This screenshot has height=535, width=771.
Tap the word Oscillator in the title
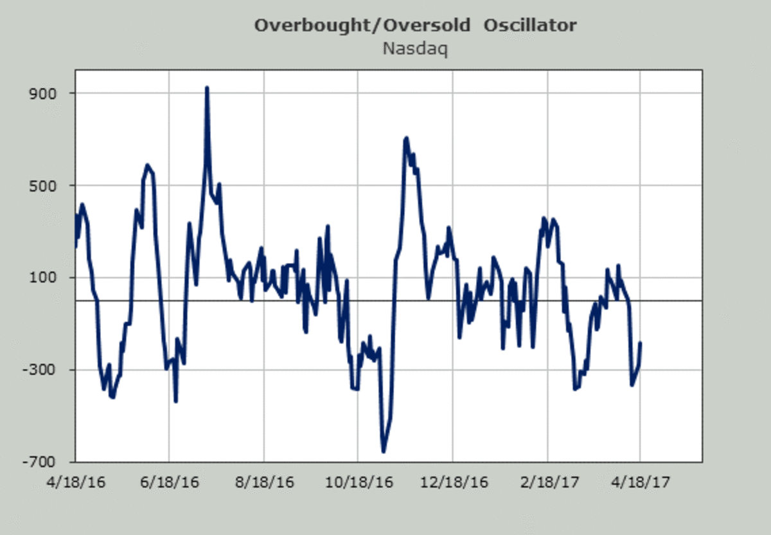point(530,26)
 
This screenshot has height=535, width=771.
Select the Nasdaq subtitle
point(414,48)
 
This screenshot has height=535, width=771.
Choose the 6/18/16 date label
point(169,481)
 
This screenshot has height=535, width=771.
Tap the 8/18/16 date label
point(264,481)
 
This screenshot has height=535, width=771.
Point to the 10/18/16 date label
point(357,481)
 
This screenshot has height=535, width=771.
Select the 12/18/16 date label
point(452,481)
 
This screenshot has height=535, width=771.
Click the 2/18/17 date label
point(547,481)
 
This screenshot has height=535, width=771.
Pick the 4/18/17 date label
point(641,481)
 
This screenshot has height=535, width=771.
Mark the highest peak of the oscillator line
point(207,88)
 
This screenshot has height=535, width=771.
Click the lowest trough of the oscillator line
point(384,451)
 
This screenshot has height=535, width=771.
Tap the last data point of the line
point(641,343)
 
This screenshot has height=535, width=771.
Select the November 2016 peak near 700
point(406,138)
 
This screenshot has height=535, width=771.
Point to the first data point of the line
point(76,246)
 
